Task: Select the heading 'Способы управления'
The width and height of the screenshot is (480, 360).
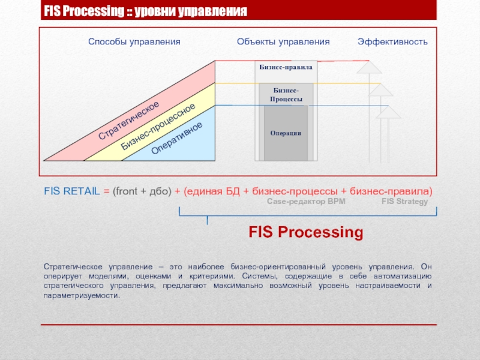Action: click(x=134, y=42)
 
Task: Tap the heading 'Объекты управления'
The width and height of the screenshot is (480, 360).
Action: click(x=283, y=42)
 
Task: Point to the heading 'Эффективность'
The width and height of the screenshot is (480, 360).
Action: click(x=392, y=42)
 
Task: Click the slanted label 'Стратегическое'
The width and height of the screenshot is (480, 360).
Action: click(x=129, y=121)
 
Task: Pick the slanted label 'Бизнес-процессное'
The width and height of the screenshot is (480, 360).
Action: click(x=158, y=127)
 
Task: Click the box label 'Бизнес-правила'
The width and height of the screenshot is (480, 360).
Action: click(x=286, y=67)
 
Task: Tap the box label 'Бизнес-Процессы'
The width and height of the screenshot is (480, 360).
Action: click(x=286, y=94)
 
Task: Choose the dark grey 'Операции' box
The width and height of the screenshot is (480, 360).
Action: click(x=286, y=133)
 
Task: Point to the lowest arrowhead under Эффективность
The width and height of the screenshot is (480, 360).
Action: click(x=388, y=112)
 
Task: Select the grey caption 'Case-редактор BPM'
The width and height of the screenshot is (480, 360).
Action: click(x=306, y=202)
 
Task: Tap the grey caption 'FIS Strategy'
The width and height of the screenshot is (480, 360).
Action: click(x=404, y=202)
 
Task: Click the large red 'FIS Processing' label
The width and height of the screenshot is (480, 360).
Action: click(x=306, y=232)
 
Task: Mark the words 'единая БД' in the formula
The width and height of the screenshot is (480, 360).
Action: click(x=213, y=191)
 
